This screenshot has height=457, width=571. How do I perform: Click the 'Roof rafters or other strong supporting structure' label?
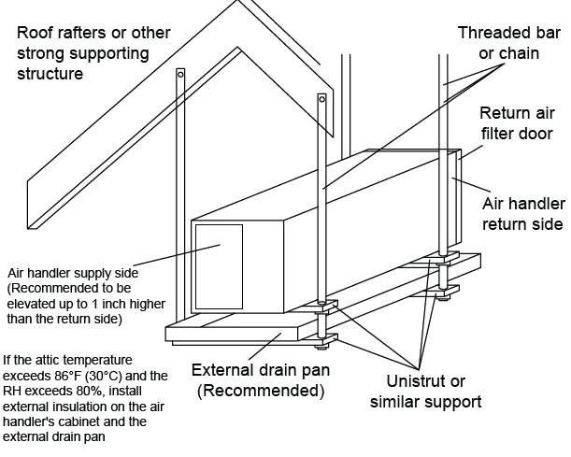point(93,52)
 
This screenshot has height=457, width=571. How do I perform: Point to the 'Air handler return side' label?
point(521,212)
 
